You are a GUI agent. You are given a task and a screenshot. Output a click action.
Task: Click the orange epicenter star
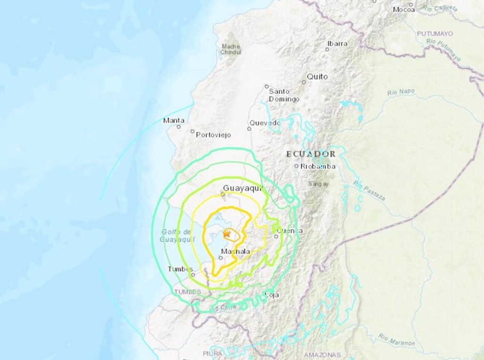click(227, 233)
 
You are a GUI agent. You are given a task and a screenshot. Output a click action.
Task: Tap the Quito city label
click(317, 76)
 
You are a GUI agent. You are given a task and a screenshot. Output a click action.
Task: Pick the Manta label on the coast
click(173, 120)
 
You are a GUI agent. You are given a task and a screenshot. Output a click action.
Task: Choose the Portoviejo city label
click(213, 135)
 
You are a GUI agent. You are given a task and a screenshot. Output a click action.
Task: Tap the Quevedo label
click(265, 123)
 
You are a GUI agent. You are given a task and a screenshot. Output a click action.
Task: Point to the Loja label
click(272, 295)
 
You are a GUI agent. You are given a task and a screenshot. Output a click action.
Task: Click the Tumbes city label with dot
click(180, 269)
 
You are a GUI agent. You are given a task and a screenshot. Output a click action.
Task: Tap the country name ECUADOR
click(311, 154)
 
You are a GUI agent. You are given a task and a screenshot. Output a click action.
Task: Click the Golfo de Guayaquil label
click(176, 236)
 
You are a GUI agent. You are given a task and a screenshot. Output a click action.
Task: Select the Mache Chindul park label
click(230, 49)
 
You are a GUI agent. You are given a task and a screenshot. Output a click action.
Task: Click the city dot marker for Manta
click(179, 127)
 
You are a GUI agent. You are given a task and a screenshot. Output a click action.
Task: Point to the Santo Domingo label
click(284, 95)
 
